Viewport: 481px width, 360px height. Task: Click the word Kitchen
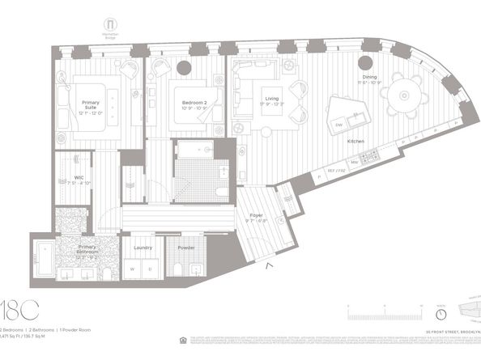[357, 142]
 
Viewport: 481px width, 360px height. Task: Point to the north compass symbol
[441, 313]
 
